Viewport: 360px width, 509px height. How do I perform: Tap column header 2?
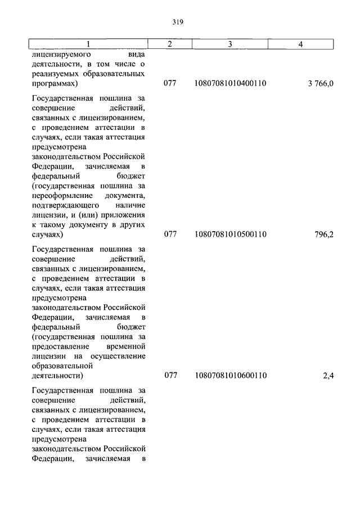pos(169,44)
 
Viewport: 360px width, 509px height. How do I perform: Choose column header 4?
pos(301,44)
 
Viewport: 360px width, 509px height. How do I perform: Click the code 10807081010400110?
pos(229,84)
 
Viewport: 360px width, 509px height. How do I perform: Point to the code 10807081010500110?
pos(229,234)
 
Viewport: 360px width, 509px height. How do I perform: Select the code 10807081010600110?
pos(229,375)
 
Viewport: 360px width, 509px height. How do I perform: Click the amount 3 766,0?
pos(321,84)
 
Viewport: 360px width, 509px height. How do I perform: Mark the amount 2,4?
pos(328,375)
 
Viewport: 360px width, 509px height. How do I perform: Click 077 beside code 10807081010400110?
pos(170,84)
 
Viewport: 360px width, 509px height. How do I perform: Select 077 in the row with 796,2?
pos(170,234)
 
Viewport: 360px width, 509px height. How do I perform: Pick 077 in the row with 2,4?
pos(170,375)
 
